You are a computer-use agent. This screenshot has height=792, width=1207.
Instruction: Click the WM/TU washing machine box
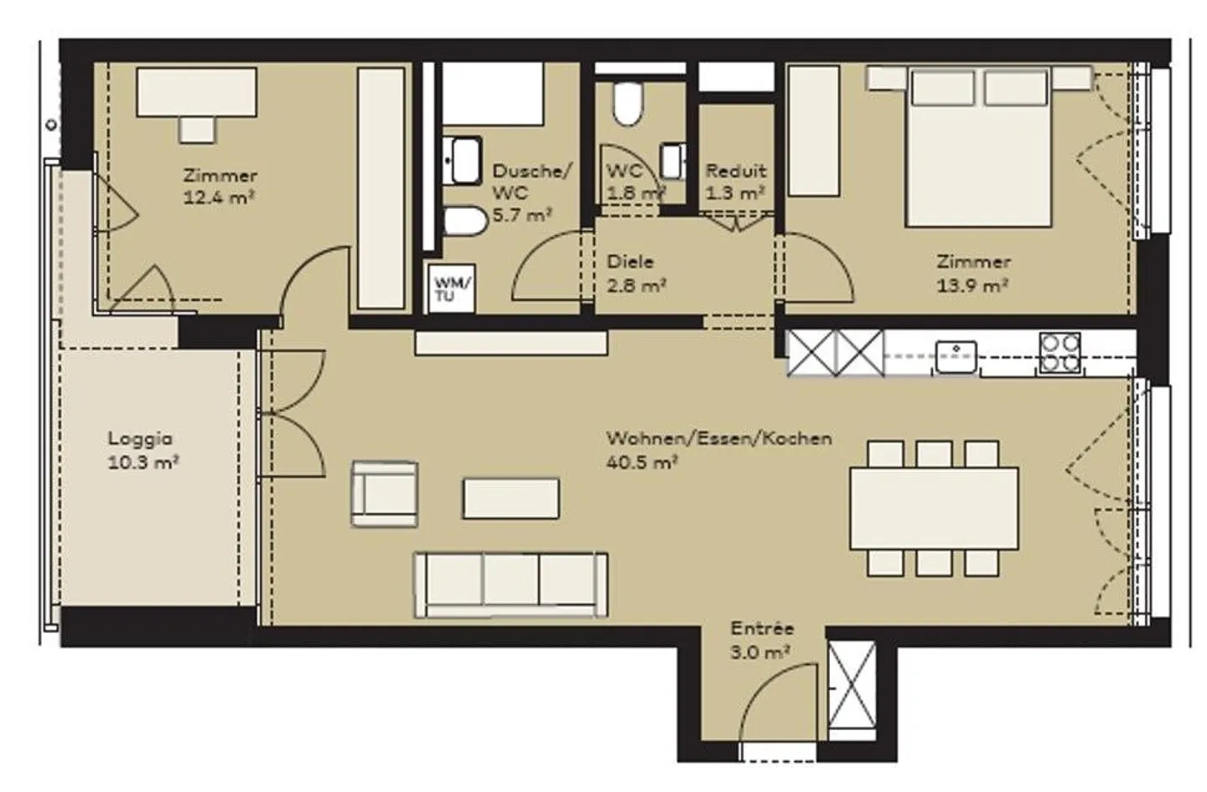point(452,288)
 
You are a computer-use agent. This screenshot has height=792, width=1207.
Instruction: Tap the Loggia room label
point(140,438)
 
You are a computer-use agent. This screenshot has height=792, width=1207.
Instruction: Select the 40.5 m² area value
point(642,463)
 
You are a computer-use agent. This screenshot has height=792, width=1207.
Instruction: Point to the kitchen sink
point(956,356)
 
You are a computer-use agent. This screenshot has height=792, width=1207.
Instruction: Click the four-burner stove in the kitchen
point(1059,354)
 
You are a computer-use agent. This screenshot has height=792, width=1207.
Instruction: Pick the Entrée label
point(762,629)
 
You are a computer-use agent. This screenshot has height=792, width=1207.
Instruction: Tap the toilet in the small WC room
point(629,103)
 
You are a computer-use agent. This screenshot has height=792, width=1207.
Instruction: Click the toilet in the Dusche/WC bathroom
point(465,221)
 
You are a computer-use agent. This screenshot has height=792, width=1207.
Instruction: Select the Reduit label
point(736,171)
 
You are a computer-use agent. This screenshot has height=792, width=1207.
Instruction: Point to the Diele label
point(630,261)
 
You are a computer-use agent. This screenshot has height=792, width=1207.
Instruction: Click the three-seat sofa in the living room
point(510,585)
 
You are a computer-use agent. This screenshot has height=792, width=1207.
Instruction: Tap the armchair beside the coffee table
point(384,494)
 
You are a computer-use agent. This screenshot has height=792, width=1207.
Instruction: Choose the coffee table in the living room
point(510,499)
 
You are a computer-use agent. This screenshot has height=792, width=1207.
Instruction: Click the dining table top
point(934,509)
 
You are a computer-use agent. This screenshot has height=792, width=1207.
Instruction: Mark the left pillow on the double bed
point(943,88)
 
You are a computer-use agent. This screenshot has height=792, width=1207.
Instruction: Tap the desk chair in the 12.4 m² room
point(197,130)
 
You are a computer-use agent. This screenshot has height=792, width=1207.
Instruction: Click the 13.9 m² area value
point(972,285)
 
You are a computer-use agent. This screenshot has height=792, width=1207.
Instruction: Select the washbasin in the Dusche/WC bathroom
point(463,161)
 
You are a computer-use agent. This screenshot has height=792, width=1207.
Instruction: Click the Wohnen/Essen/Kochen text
point(719,438)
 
